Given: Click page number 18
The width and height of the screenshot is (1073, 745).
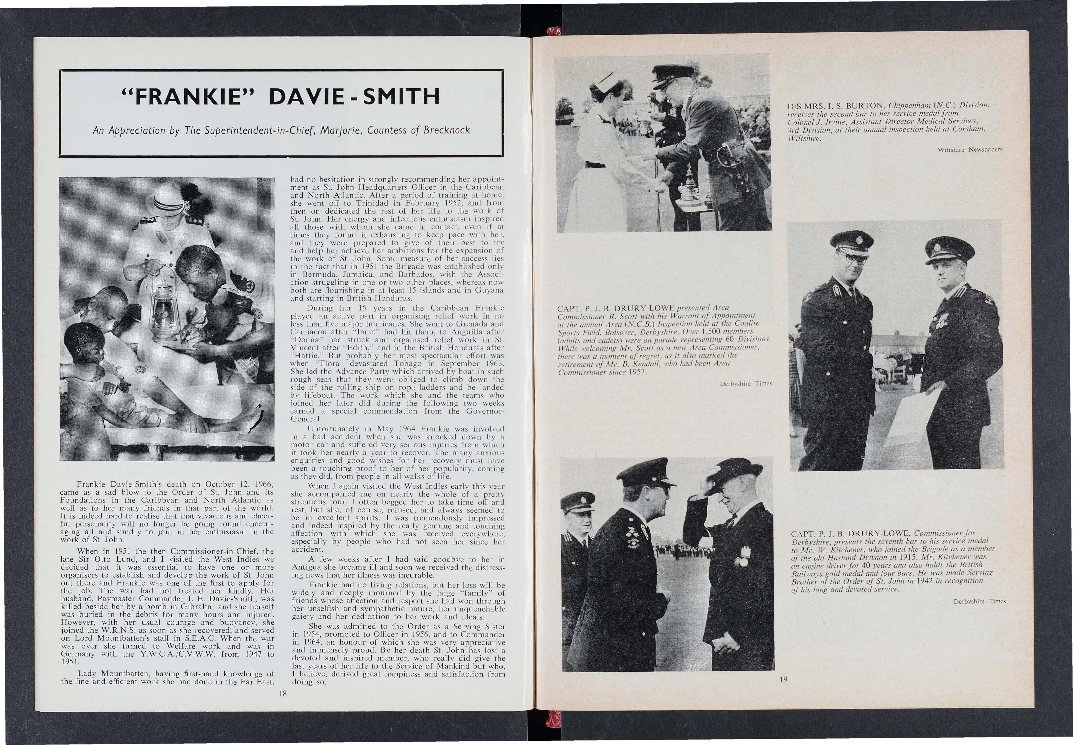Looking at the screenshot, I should pyautogui.click(x=282, y=694).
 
